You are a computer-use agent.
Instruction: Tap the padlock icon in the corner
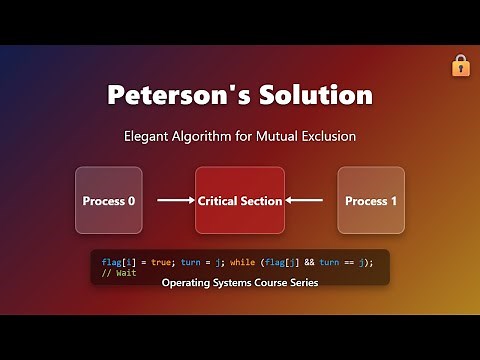[460, 65]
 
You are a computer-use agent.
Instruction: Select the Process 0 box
[108, 201]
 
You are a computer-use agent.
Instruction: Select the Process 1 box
[371, 201]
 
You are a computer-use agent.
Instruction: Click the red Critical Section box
[239, 201]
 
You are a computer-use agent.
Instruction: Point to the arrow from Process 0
[175, 201]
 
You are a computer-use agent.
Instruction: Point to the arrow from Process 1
[305, 201]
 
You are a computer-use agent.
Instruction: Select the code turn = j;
[199, 261]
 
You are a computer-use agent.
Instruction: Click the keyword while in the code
[244, 261]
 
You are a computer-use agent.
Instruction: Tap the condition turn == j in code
[341, 261]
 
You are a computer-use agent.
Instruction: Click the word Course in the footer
[263, 283]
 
